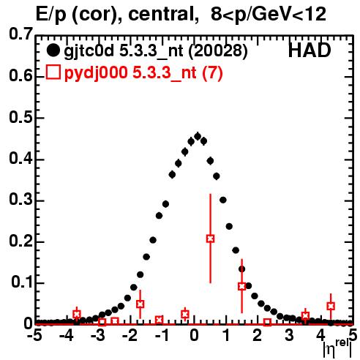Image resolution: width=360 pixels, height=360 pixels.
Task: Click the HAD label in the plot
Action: [310, 50]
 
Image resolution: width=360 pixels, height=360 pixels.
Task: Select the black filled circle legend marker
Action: [53, 50]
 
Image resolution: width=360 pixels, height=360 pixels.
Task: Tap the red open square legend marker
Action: [53, 72]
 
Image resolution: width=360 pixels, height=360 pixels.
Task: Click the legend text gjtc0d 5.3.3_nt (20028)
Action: [156, 51]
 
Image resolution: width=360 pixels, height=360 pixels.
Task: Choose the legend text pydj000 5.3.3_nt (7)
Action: [143, 73]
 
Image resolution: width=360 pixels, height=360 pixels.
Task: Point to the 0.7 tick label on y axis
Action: [20, 34]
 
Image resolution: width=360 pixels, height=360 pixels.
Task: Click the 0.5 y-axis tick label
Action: [20, 117]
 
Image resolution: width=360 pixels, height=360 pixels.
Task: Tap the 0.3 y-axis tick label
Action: [20, 200]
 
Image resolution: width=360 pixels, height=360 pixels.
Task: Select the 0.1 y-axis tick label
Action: [21, 282]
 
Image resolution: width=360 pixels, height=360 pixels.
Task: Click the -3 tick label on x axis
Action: [98, 335]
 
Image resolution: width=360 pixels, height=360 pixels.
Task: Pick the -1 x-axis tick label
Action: [162, 335]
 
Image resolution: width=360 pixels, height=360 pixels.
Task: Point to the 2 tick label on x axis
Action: [257, 335]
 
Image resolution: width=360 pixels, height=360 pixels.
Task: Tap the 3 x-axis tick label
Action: [289, 335]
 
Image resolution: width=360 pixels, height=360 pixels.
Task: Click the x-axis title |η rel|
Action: [337, 348]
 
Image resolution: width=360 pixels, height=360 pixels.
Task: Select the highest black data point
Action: [198, 136]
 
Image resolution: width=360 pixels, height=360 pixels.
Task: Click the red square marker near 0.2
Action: [210, 239]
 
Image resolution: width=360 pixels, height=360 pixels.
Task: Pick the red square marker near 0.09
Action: [241, 286]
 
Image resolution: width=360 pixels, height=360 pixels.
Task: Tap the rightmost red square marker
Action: [331, 306]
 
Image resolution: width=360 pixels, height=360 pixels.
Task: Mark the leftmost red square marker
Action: [77, 314]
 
